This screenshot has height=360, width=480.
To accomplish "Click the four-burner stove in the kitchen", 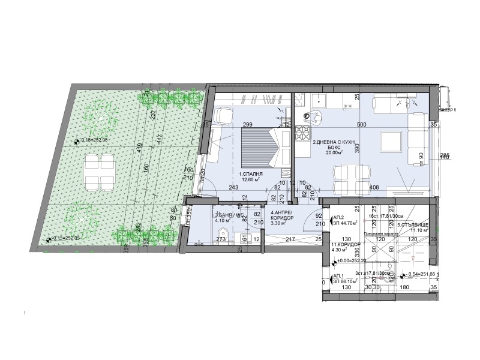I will click(303, 133).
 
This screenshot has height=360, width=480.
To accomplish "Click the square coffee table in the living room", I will click(390, 142).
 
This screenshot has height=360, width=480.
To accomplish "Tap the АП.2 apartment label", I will click(338, 217).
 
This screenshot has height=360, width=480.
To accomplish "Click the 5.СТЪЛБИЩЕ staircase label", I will click(412, 226).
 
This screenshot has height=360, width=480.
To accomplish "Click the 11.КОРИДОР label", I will click(344, 246).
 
